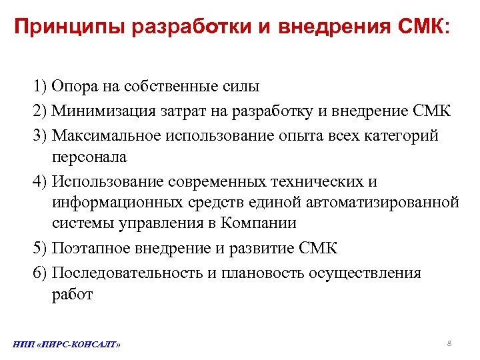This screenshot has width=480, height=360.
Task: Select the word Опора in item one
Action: (x=75, y=86)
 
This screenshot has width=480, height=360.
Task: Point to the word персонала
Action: (x=89, y=157)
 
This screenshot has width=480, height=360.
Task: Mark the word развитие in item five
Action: (x=254, y=249)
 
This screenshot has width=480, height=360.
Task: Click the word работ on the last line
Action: (x=72, y=295)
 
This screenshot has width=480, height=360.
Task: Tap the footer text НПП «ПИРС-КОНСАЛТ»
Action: (x=67, y=345)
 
